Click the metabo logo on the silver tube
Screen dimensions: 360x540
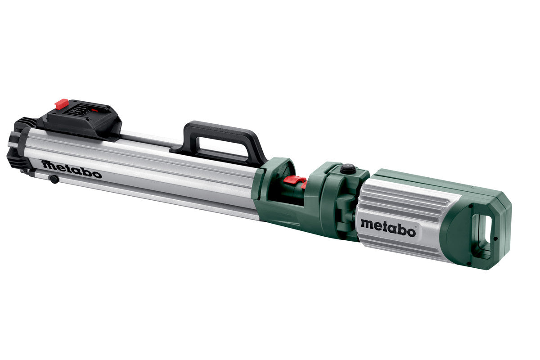coord(72,169)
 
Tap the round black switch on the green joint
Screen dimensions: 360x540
coord(347,168)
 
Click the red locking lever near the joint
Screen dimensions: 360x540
coord(295,181)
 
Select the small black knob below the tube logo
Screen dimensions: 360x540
coord(54,179)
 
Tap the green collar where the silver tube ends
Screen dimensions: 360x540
coord(270,189)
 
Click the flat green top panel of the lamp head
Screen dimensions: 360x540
coord(432,180)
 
